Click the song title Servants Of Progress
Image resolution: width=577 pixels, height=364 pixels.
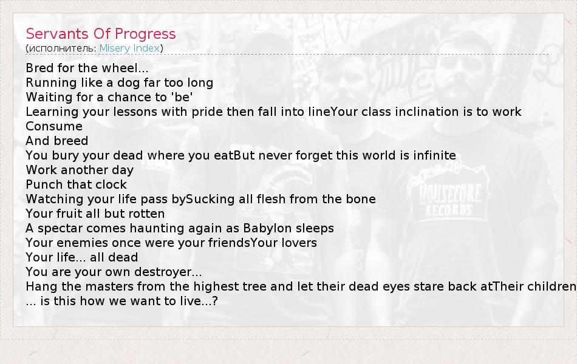click(101, 34)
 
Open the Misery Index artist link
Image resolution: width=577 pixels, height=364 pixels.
click(129, 48)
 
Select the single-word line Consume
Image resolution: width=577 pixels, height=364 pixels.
click(54, 126)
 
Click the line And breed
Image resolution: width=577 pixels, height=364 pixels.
click(57, 141)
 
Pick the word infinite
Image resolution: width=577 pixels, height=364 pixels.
click(435, 155)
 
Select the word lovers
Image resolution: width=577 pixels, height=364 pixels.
click(299, 243)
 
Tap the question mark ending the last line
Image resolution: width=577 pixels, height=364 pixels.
click(215, 301)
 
